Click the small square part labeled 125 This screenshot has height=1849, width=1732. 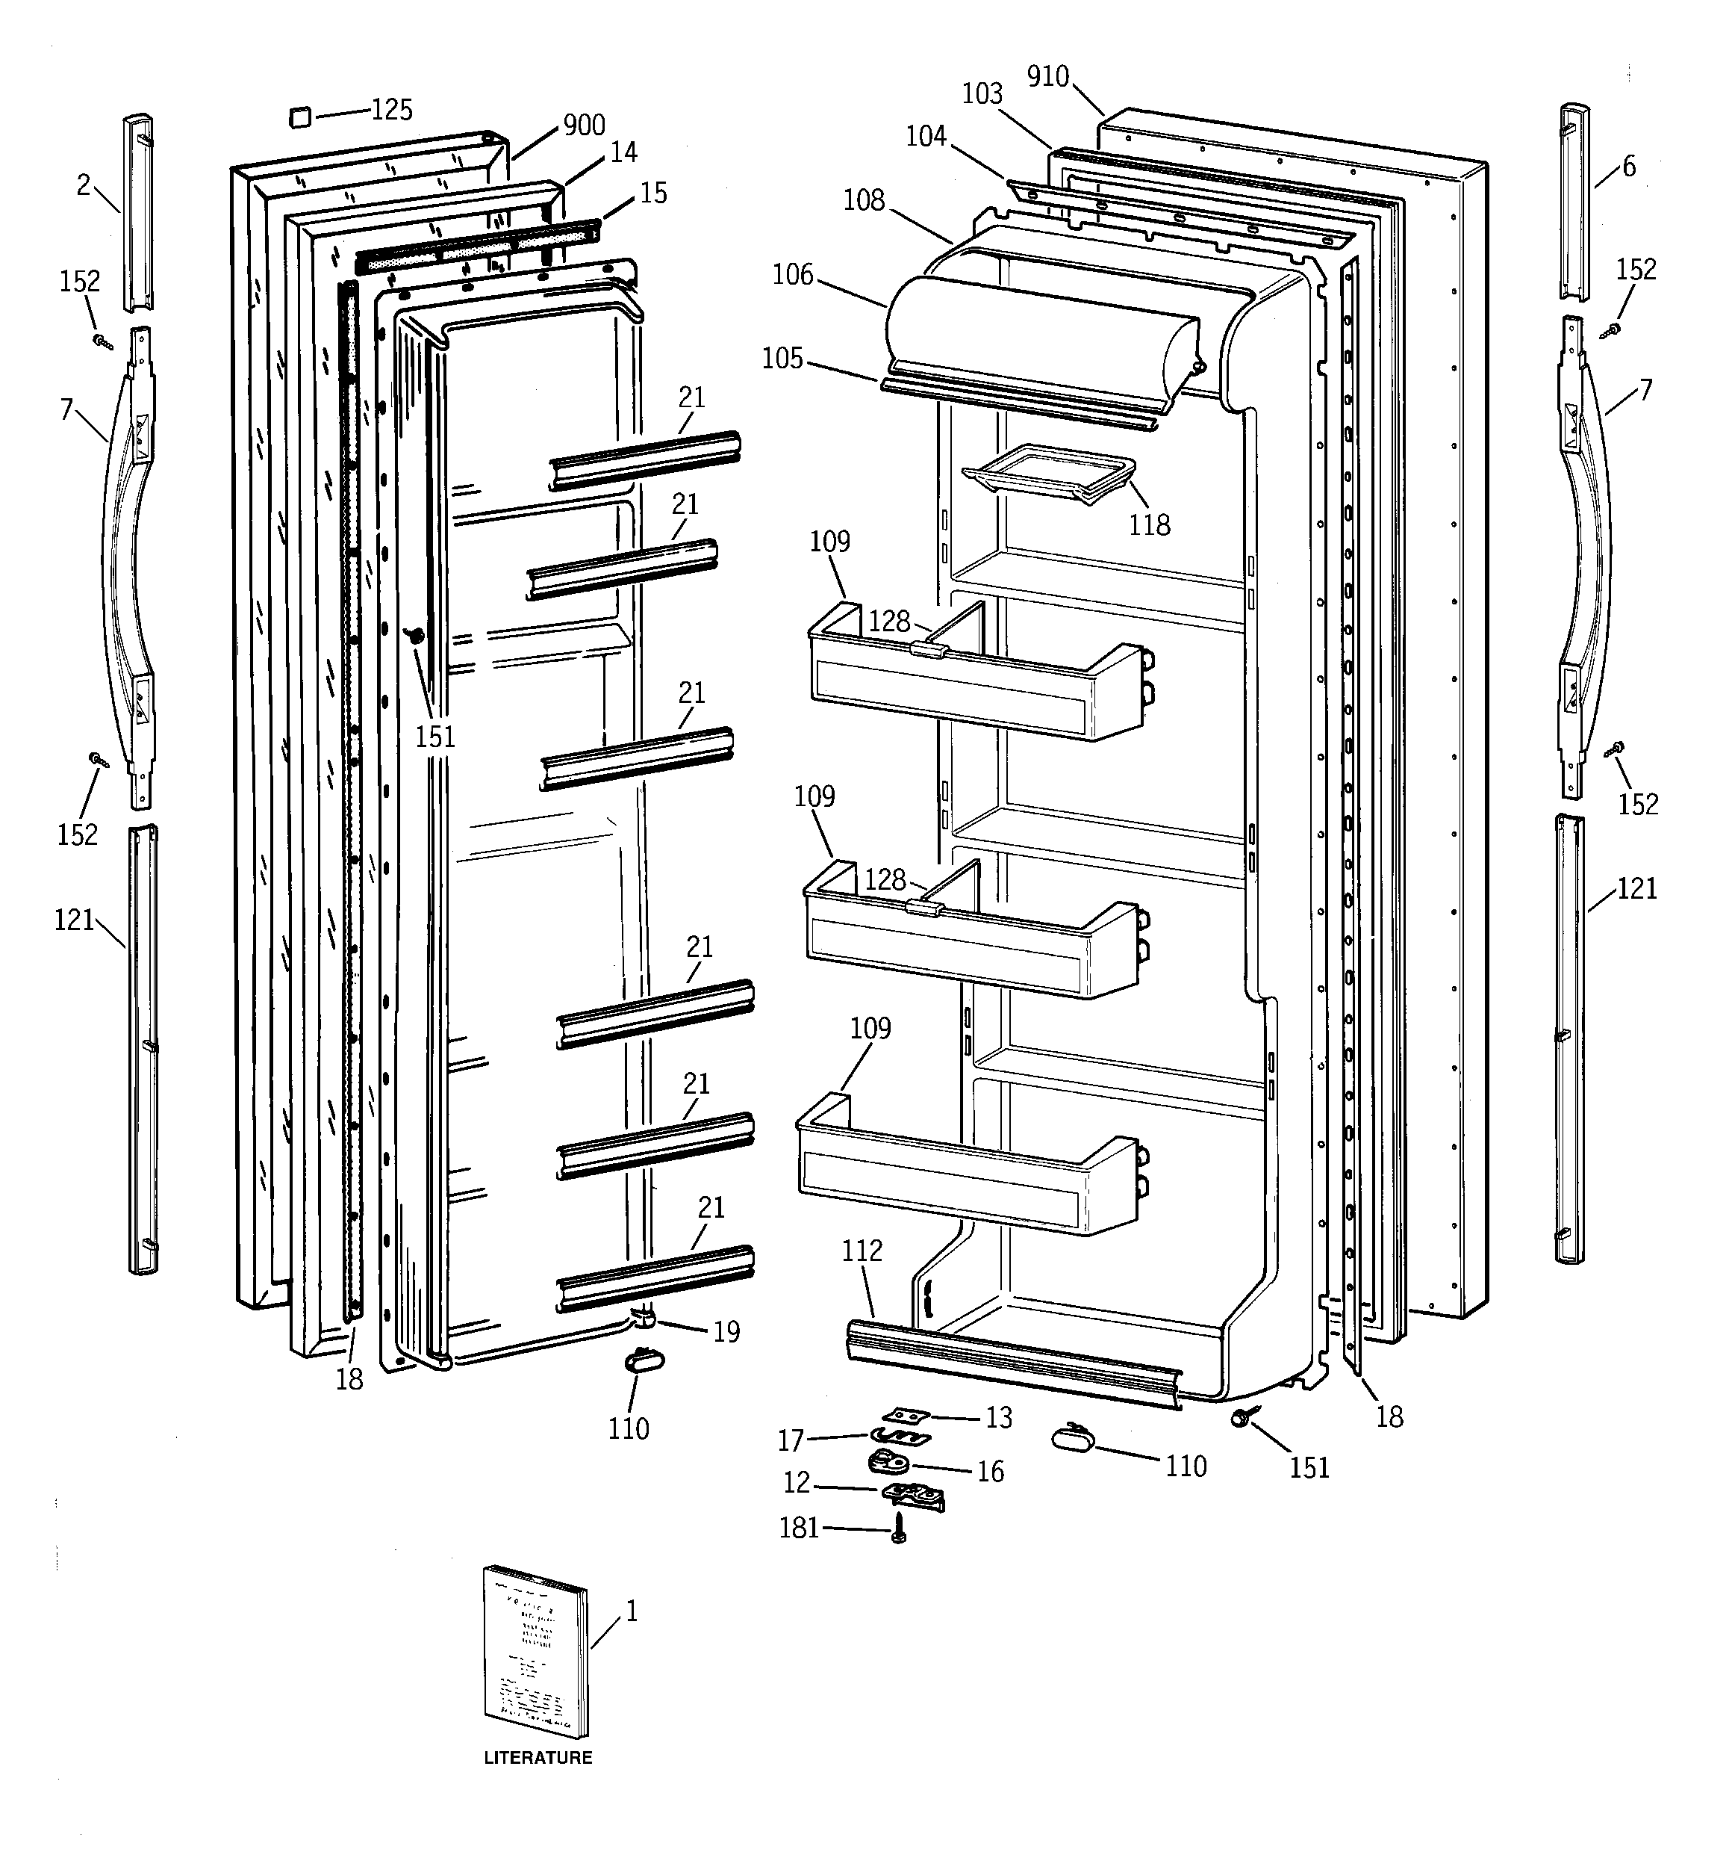[x=297, y=117]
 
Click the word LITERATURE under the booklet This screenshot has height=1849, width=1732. [x=538, y=1758]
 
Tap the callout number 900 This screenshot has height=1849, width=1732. [x=584, y=125]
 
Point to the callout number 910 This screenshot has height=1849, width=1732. [x=1047, y=76]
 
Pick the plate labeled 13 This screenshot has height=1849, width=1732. [x=906, y=1416]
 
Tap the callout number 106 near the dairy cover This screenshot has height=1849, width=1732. [x=792, y=274]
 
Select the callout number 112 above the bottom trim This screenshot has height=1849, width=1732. [x=862, y=1251]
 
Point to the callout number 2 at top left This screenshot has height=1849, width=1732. [x=83, y=185]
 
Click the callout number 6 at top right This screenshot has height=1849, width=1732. [x=1629, y=167]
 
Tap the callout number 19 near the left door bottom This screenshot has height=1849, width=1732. [x=726, y=1332]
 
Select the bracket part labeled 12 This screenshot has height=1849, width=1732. [x=914, y=1495]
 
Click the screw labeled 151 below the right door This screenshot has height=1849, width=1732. [x=1241, y=1417]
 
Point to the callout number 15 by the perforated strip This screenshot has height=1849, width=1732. [x=653, y=193]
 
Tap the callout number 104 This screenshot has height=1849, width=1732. [x=926, y=137]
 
